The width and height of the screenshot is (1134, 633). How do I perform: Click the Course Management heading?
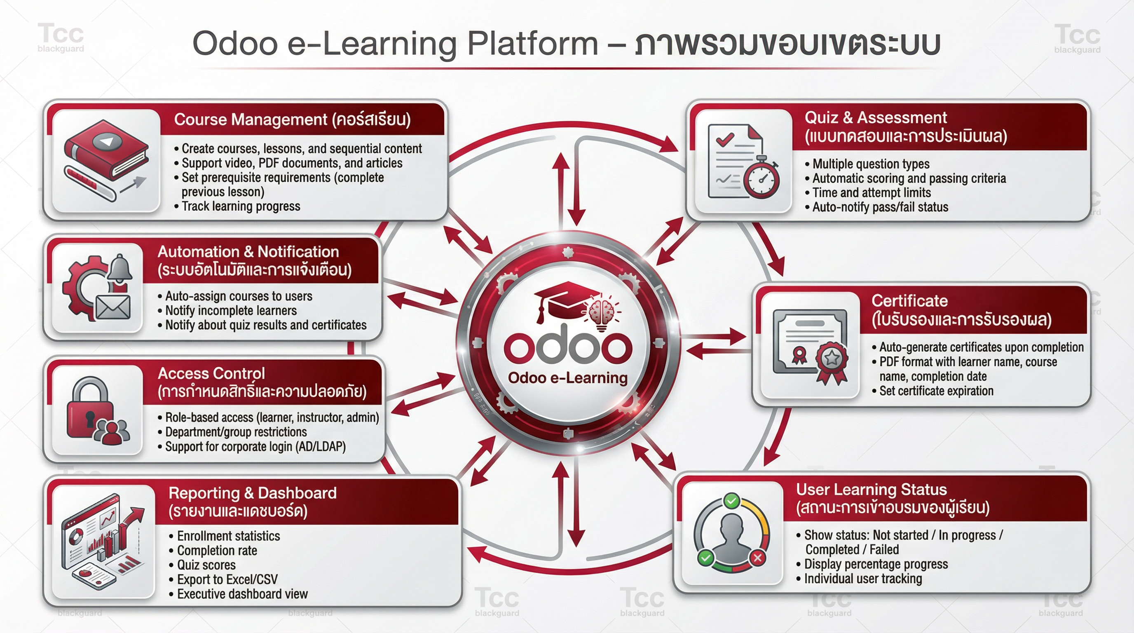pyautogui.click(x=292, y=119)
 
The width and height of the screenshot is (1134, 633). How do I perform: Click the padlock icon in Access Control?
pyautogui.click(x=89, y=407)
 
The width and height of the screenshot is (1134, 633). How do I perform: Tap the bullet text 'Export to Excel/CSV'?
pyautogui.click(x=227, y=579)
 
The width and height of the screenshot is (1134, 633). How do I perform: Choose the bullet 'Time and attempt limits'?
pyautogui.click(x=868, y=192)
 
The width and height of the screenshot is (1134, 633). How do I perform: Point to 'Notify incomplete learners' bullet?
pyautogui.click(x=227, y=310)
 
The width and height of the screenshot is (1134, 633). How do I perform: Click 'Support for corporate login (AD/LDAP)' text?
pyautogui.click(x=252, y=446)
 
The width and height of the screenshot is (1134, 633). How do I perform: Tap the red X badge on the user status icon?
pyautogui.click(x=757, y=558)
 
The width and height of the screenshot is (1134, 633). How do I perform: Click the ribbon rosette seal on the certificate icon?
pyautogui.click(x=832, y=362)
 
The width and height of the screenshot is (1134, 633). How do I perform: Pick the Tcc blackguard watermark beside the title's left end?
pyautogui.click(x=61, y=38)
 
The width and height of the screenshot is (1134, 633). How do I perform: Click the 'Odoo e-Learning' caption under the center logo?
pyautogui.click(x=567, y=377)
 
